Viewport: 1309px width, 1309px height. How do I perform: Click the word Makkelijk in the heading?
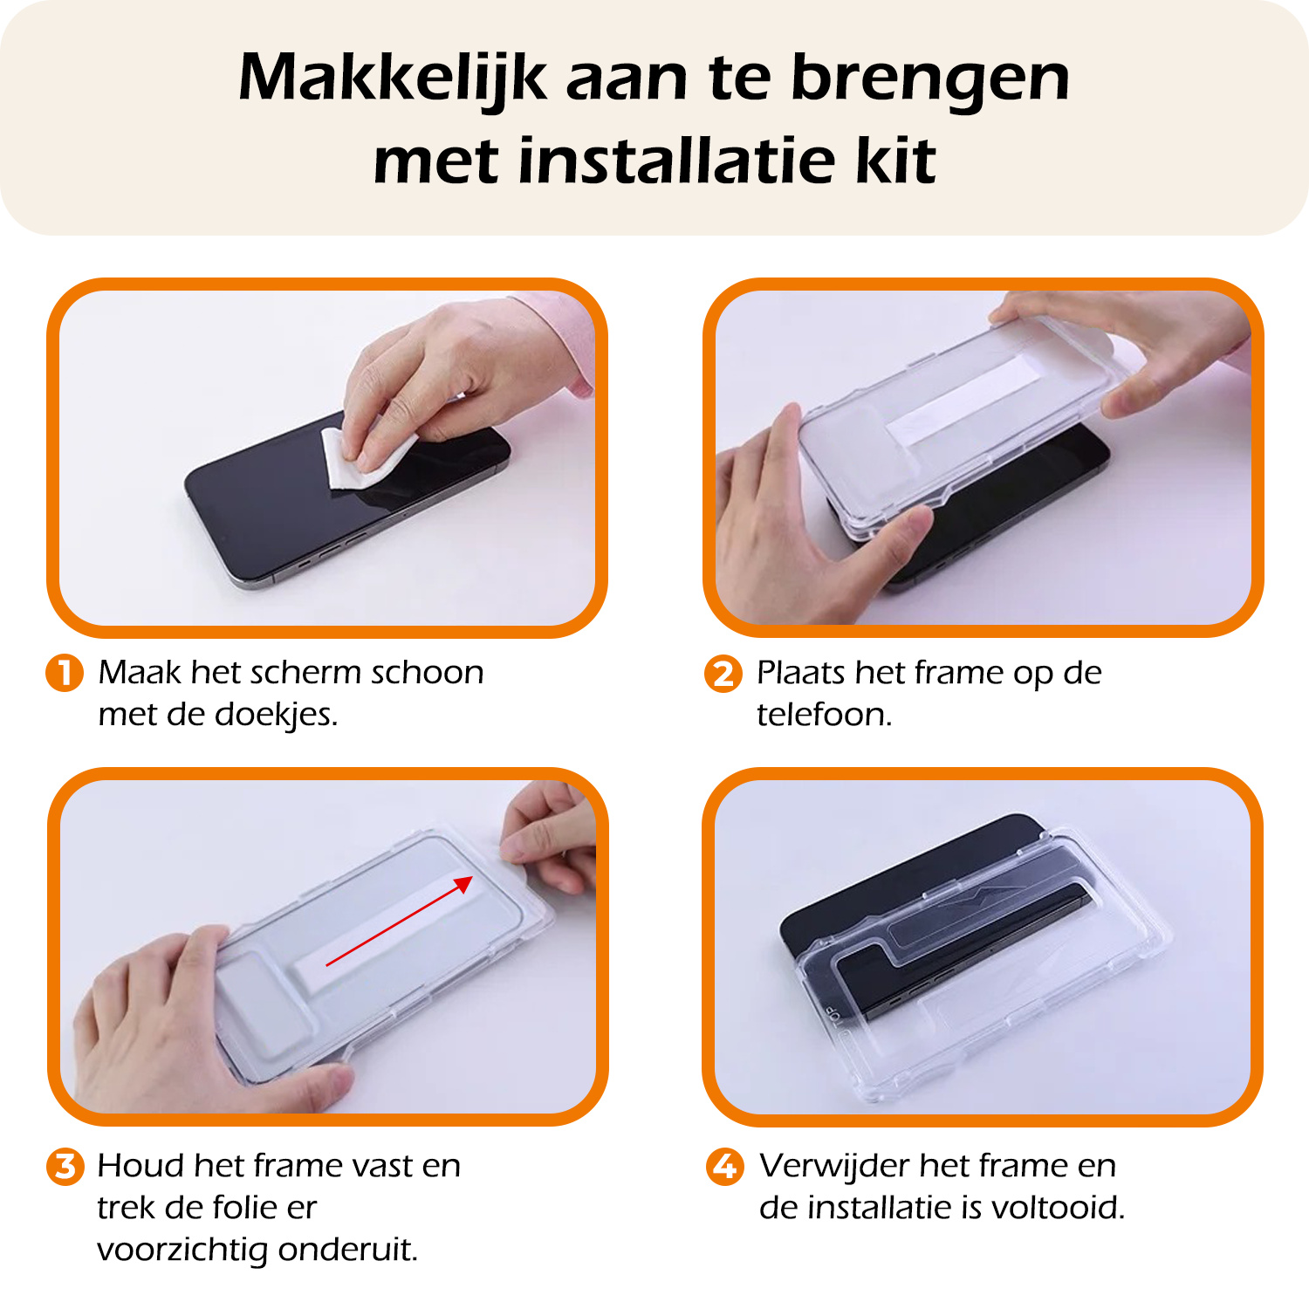pos(393,79)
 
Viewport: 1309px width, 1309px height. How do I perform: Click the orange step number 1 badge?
pos(64,673)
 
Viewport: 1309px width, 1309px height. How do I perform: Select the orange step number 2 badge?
pos(723,674)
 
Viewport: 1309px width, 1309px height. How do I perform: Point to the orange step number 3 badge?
pos(65,1166)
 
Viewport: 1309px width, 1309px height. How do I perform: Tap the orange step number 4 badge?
pos(724,1166)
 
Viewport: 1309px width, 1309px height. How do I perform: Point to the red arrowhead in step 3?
pos(464,884)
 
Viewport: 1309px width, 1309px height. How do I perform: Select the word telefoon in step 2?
pos(824,715)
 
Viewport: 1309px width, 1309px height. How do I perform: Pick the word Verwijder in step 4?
pos(834,1166)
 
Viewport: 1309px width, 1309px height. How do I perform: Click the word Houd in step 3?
pos(140,1166)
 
